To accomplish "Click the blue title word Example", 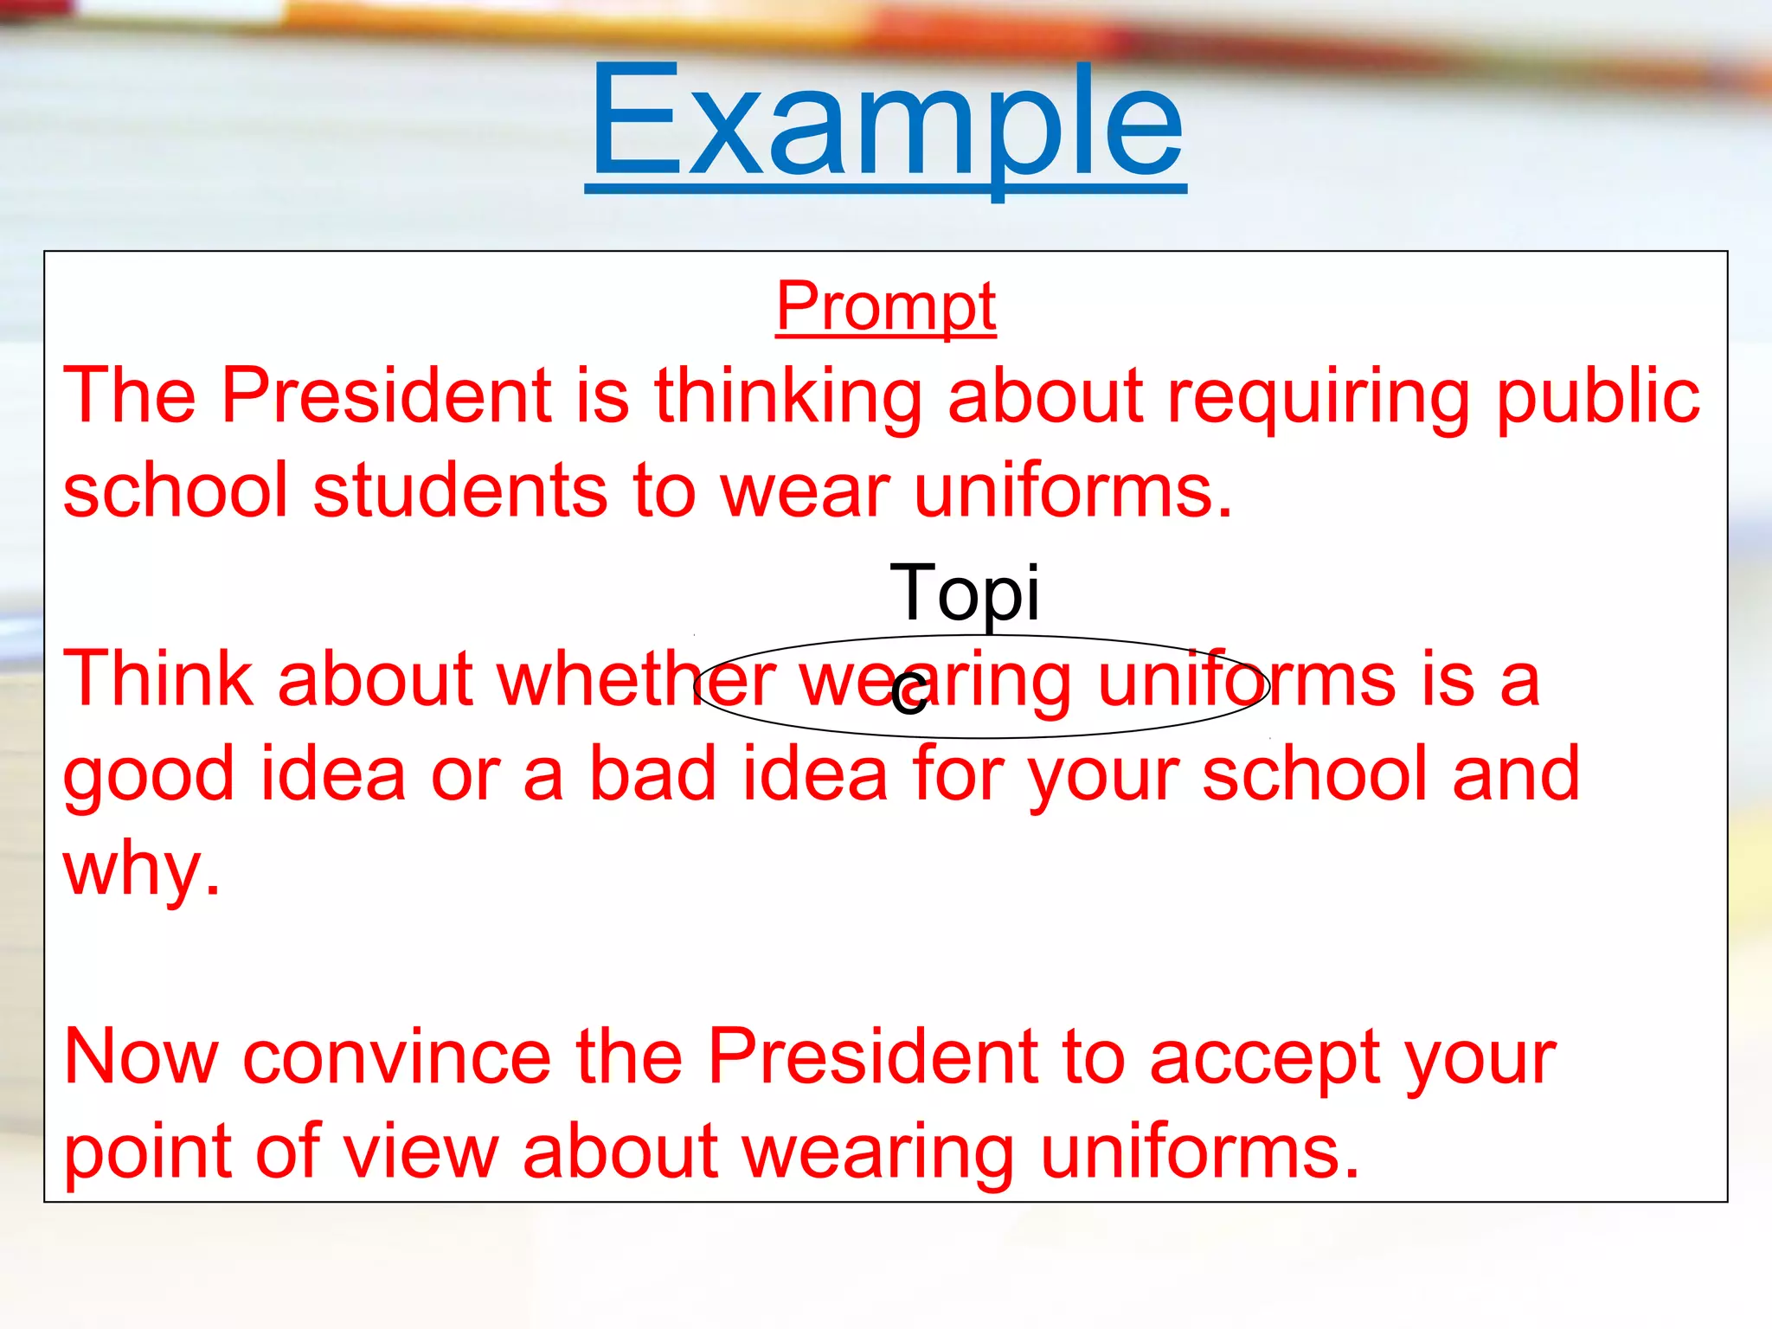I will [885, 121].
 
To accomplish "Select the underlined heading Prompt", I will [885, 307].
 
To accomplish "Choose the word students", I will [459, 491].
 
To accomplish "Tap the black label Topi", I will [964, 594].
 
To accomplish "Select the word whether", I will [636, 679].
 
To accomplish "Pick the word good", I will [148, 774].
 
